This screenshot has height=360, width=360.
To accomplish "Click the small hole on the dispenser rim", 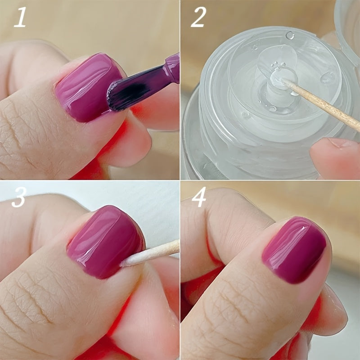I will click(x=290, y=35).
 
